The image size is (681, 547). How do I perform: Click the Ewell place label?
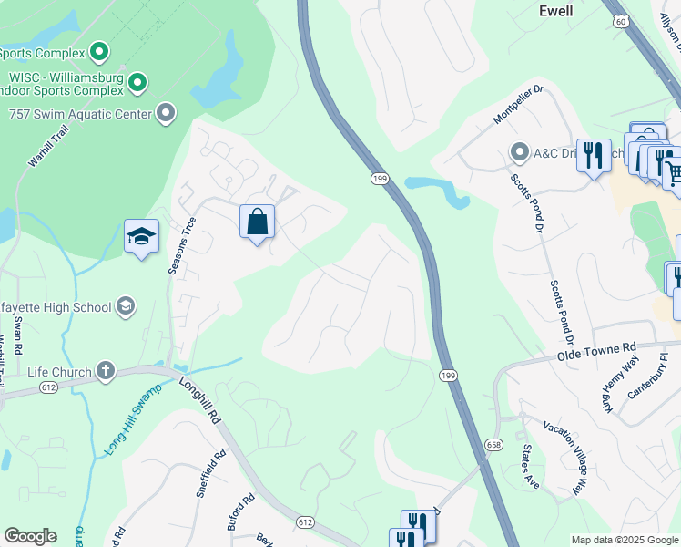point(555,11)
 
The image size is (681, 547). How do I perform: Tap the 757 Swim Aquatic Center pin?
point(166,114)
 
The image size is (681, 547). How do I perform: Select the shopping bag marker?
point(258,222)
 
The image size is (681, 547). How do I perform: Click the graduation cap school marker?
point(141,237)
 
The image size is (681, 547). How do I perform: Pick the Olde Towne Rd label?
point(596,352)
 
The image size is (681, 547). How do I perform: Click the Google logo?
point(31,536)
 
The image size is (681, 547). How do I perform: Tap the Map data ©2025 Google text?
point(624,541)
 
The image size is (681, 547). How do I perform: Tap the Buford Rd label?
point(243,515)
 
